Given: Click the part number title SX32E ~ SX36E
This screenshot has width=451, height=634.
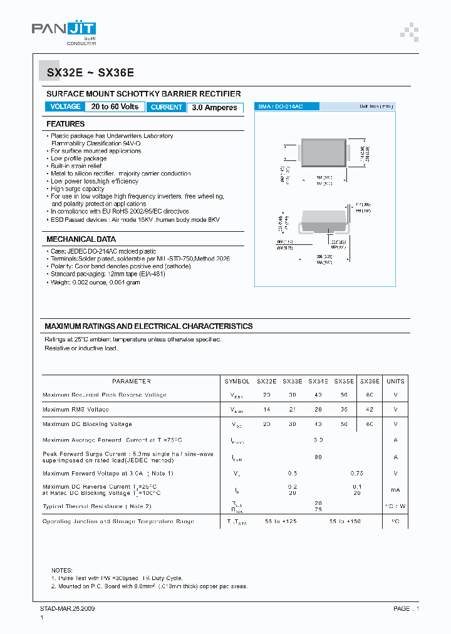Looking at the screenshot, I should [90, 73].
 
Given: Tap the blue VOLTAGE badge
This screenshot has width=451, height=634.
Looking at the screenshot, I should [65, 107].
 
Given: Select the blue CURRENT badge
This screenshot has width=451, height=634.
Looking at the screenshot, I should [167, 107].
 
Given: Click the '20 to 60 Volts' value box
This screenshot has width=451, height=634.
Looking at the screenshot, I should [115, 107].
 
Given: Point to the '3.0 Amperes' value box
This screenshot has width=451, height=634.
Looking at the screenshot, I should [214, 108].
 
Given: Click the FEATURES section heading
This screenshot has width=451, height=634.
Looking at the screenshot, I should [66, 124].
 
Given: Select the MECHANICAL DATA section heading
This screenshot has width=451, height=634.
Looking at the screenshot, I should [81, 239].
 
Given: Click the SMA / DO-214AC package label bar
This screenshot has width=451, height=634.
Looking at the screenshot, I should [332, 107].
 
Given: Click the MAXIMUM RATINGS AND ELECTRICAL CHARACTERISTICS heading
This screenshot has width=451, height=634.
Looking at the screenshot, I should [148, 326].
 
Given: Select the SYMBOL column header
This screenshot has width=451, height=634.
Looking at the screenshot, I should [237, 381].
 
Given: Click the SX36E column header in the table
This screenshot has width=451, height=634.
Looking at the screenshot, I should [370, 381].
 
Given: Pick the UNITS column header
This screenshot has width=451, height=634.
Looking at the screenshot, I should [395, 381].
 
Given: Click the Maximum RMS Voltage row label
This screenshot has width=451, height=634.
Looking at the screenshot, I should [76, 409].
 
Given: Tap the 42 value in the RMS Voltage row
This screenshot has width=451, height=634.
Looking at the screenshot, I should [370, 409].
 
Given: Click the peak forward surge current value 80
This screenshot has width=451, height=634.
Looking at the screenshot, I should [318, 457].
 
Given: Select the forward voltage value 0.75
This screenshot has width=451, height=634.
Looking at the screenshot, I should [357, 474].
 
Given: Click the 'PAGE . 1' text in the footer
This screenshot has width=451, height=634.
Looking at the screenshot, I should [406, 608].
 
